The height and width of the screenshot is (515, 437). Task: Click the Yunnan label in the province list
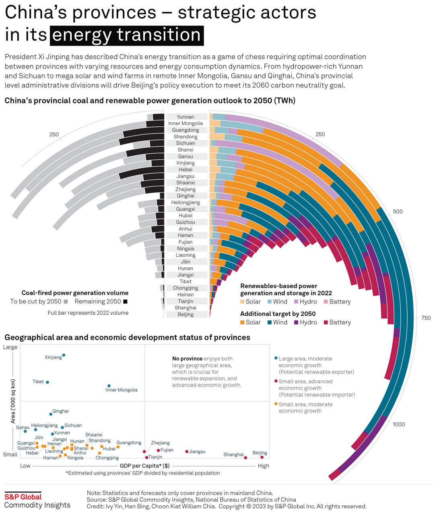coord(186,117)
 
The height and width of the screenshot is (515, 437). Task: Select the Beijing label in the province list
coord(186,314)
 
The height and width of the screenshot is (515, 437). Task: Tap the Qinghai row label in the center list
coord(186,196)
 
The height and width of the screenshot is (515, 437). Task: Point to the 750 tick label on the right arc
coord(426,318)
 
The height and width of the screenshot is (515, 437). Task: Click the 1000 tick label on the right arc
coord(399,424)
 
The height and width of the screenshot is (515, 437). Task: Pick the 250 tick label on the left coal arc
coord(54,134)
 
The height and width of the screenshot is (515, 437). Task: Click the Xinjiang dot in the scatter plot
coord(64,355)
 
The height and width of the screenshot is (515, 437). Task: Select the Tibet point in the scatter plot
coord(47,382)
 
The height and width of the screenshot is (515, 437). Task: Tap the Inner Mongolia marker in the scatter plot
coord(109,386)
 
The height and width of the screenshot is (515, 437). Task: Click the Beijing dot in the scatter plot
coord(262,457)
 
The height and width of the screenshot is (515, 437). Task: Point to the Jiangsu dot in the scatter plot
coord(187,451)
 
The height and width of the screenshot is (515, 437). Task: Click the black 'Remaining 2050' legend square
coord(126,302)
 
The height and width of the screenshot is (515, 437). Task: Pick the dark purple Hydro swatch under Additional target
coord(296,322)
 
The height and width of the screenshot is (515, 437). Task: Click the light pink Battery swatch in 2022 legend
coord(326,302)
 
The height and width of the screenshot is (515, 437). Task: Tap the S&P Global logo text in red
coord(23,496)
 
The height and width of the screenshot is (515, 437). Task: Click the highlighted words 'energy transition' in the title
coord(126,35)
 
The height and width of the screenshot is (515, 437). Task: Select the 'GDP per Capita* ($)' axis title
coord(144,466)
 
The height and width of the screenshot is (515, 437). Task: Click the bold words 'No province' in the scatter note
coord(187,358)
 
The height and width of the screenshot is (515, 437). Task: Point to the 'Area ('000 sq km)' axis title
coord(13,401)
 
